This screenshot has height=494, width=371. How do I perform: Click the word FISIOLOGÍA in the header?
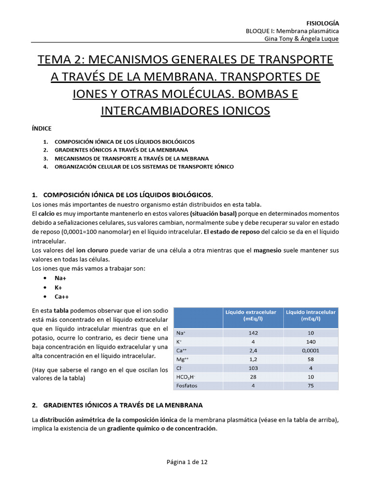(323, 23)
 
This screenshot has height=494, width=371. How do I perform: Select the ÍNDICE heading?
(41, 128)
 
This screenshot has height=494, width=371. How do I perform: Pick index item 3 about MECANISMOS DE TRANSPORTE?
(131, 158)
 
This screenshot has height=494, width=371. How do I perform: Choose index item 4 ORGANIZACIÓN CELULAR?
(144, 166)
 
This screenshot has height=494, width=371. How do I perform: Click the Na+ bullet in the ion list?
(60, 278)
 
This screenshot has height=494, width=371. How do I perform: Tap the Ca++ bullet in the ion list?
(62, 297)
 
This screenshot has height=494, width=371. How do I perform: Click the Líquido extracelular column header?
(251, 316)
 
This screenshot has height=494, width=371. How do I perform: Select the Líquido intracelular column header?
(311, 316)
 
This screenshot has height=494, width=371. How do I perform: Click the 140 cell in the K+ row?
(311, 342)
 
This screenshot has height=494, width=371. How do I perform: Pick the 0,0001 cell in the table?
(311, 351)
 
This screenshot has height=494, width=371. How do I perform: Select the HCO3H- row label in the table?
(186, 377)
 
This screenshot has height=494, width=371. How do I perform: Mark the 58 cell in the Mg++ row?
(311, 359)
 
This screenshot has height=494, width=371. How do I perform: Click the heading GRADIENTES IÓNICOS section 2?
(123, 405)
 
